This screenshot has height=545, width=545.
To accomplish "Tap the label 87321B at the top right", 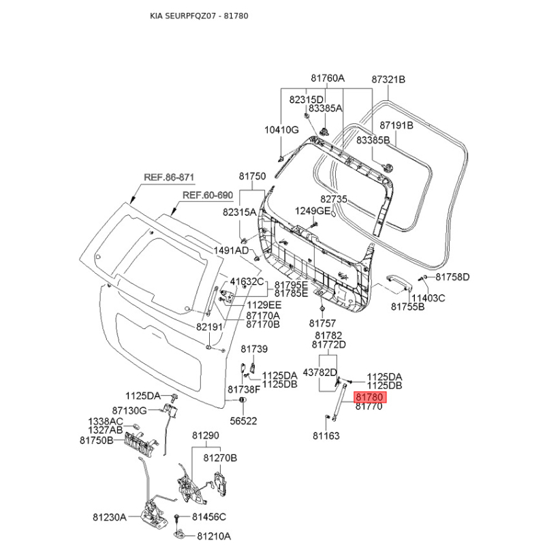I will tap(388, 80).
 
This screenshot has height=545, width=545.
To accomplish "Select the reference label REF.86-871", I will tap(169, 178).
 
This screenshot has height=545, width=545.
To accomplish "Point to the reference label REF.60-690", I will tap(207, 196).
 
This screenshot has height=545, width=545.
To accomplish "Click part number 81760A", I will tap(328, 79).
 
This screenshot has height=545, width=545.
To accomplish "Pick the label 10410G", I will tap(281, 129).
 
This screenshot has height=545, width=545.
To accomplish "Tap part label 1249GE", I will tap(312, 211).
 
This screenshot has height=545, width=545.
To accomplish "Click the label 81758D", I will tap(453, 277).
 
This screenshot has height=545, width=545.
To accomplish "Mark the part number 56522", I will tap(243, 421).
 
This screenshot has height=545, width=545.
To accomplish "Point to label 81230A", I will tap(110, 518).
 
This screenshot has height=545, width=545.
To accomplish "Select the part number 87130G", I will tap(129, 410).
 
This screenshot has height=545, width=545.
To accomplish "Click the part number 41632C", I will tap(246, 281).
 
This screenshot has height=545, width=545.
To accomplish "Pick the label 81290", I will tap(205, 435).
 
